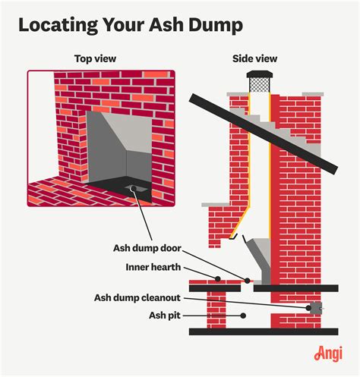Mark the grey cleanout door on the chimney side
coord(313,307)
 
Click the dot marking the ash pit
coord(243,314)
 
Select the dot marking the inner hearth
coord(218,278)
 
